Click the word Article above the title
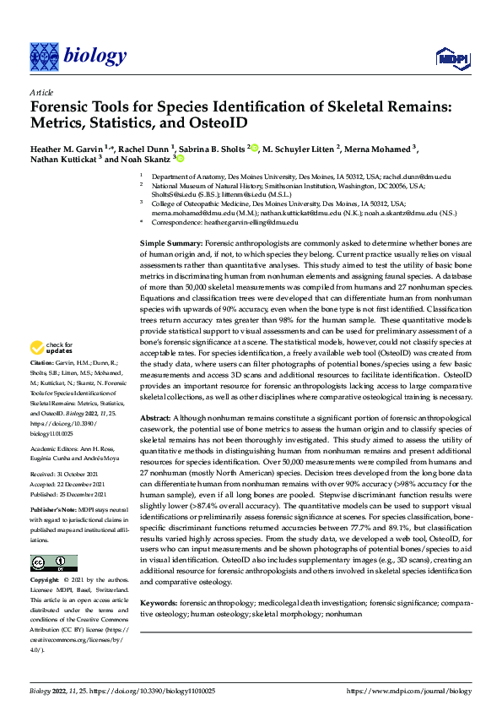click(40, 92)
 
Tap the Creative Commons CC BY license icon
click(54, 563)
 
